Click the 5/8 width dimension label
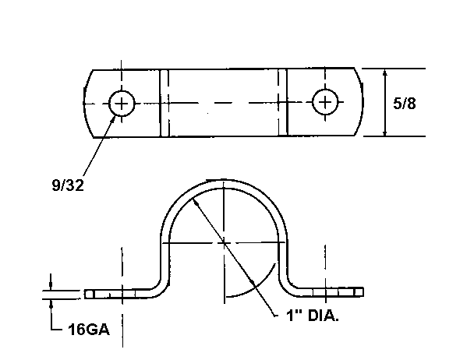pos(404,104)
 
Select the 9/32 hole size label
pos(68,185)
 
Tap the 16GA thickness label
pos(89,329)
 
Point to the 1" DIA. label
pos(313,316)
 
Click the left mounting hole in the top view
pos(122,104)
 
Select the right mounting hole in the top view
pos(325,102)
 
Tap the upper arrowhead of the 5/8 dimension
pos(384,72)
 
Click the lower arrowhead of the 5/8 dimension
pos(384,132)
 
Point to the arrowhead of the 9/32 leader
pos(113,119)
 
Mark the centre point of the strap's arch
pos(224,242)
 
